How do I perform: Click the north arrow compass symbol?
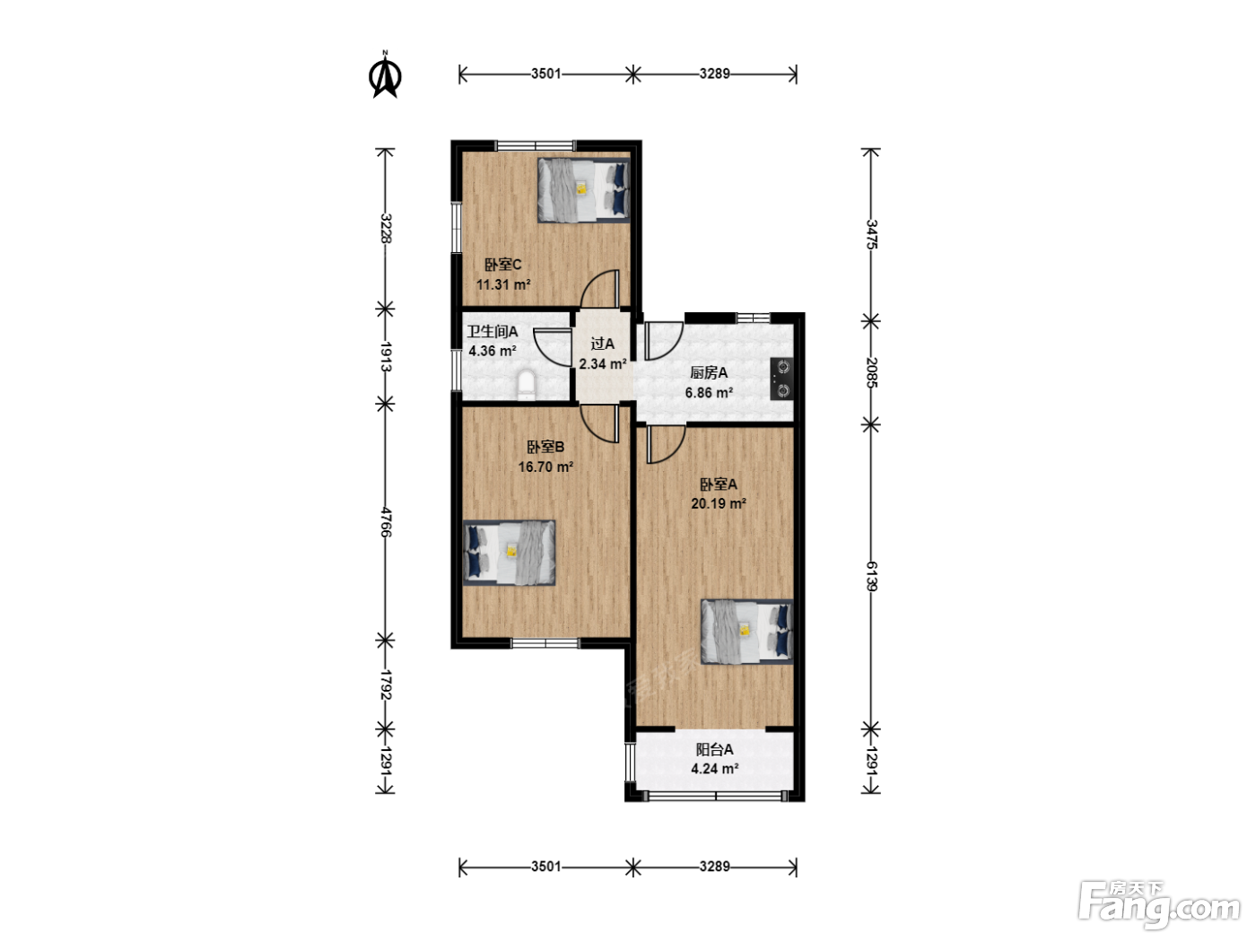click(x=385, y=75)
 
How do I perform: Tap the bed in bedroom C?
click(x=583, y=190)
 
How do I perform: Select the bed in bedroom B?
click(x=509, y=553)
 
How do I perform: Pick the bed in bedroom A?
click(x=746, y=632)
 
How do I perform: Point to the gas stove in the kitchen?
click(x=781, y=378)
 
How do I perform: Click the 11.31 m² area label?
click(x=503, y=284)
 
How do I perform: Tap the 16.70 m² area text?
click(x=545, y=467)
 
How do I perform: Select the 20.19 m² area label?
click(x=719, y=503)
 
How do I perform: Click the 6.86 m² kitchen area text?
click(x=709, y=392)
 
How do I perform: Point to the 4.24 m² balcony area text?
click(x=715, y=768)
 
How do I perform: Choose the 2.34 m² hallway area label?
click(x=603, y=363)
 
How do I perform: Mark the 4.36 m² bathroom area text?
click(x=493, y=351)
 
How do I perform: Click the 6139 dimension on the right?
click(x=871, y=577)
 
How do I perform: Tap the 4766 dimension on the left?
click(x=386, y=522)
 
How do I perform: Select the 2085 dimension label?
click(x=871, y=372)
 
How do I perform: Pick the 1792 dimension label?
click(x=386, y=685)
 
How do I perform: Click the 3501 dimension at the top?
click(x=545, y=74)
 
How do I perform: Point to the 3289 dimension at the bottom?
click(x=715, y=867)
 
